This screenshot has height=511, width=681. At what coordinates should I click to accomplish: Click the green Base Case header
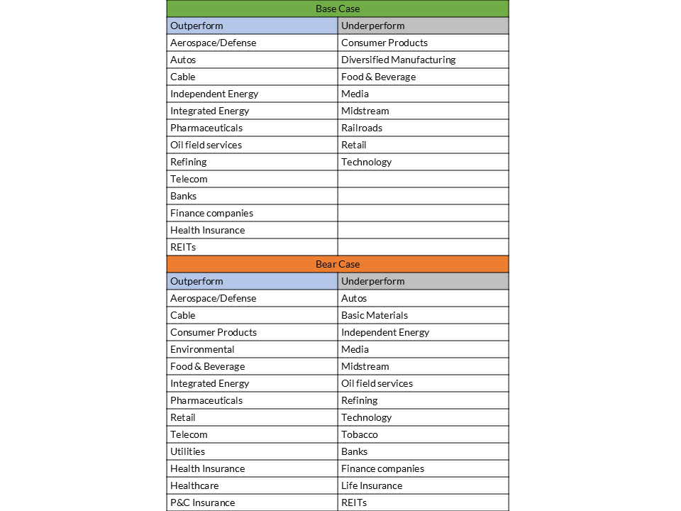(x=338, y=9)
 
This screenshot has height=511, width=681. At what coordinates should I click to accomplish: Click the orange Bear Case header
(x=338, y=264)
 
